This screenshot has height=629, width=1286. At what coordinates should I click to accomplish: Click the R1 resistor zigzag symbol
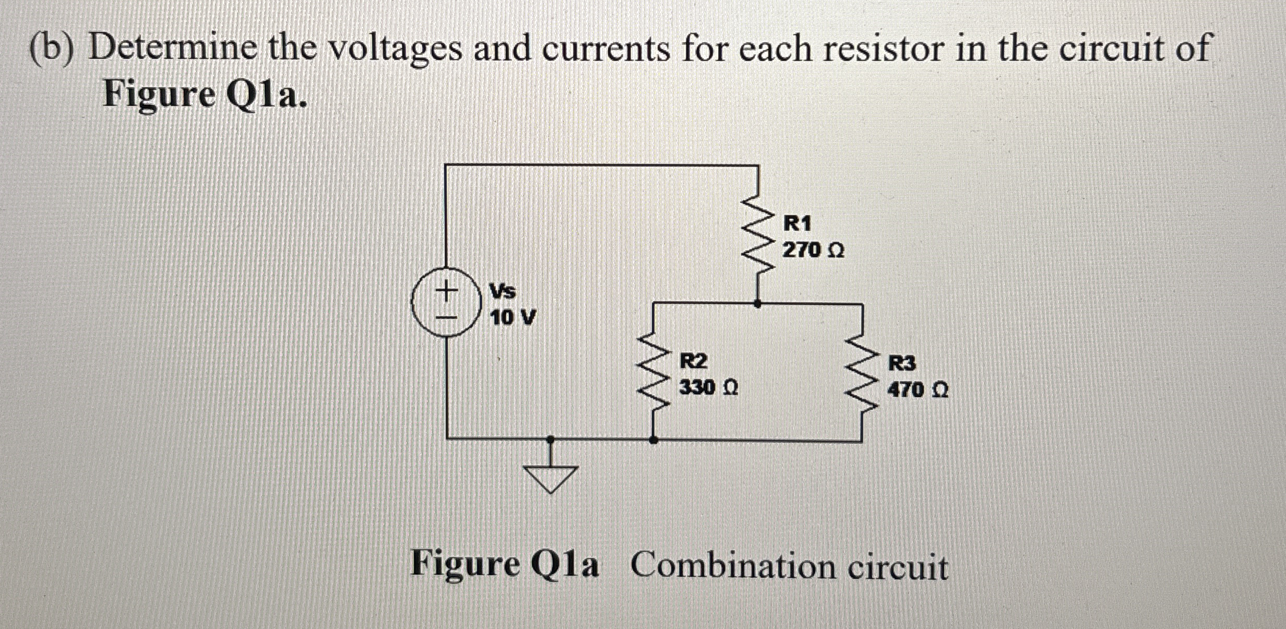tap(758, 233)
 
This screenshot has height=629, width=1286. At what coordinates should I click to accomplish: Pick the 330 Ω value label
tap(708, 388)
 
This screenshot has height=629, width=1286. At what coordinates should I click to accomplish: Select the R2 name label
tap(693, 361)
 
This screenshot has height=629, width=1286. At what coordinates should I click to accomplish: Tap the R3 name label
tap(902, 363)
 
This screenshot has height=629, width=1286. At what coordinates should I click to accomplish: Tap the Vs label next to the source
tap(502, 291)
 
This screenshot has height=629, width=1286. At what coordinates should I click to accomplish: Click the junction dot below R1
tap(758, 303)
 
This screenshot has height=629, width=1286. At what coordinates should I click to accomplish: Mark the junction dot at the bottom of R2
tap(652, 440)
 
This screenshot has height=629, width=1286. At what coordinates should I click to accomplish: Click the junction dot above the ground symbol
tap(551, 440)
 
